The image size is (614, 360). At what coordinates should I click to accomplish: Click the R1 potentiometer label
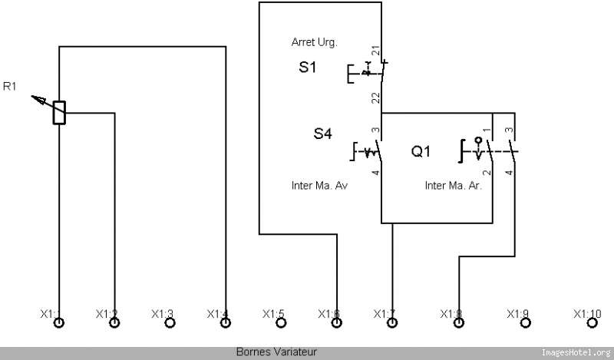(x=10, y=86)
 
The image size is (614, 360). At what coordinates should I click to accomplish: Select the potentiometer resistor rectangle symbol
(x=59, y=113)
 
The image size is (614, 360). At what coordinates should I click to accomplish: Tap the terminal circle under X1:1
(x=59, y=323)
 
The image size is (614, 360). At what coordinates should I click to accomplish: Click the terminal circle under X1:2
(x=114, y=323)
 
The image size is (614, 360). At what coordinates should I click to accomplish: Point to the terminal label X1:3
(x=162, y=313)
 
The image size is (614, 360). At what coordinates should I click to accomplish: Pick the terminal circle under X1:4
(x=226, y=323)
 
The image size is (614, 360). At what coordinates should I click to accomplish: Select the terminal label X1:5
(x=273, y=313)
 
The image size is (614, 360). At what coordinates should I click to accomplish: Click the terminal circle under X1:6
(x=336, y=323)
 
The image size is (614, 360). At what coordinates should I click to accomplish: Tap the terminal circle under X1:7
(x=392, y=323)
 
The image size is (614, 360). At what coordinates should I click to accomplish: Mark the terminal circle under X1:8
(x=459, y=323)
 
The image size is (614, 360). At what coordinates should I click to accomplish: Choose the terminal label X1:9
(x=518, y=313)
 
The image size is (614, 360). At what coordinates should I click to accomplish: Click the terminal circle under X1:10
(x=587, y=323)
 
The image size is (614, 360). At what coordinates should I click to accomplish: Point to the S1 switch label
(x=307, y=68)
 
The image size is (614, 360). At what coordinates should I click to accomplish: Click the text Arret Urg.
(x=314, y=41)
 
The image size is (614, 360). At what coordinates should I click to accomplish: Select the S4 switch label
(x=322, y=134)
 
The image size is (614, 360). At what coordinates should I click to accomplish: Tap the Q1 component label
(x=421, y=152)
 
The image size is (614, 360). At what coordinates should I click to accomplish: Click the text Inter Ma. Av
(x=320, y=186)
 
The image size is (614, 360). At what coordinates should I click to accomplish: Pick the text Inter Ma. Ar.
(x=454, y=186)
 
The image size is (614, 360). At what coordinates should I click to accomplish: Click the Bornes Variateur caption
(x=276, y=352)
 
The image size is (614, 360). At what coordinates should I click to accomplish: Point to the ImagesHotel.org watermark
(x=576, y=352)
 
